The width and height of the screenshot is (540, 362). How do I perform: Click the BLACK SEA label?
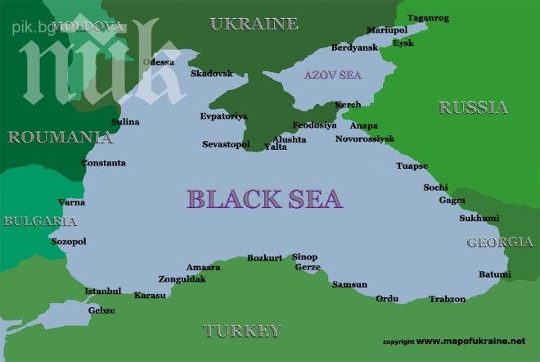pyautogui.click(x=264, y=199)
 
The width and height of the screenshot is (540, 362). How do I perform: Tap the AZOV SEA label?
pyautogui.click(x=332, y=75)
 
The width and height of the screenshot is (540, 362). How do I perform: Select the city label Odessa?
pyautogui.click(x=158, y=62)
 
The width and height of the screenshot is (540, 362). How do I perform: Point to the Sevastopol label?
pyautogui.click(x=225, y=144)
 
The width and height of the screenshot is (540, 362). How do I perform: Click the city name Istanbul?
pyautogui.click(x=103, y=291)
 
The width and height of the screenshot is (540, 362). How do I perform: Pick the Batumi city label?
pyautogui.click(x=494, y=274)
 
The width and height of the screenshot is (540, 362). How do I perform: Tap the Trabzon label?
pyautogui.click(x=448, y=299)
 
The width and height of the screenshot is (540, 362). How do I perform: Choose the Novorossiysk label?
pyautogui.click(x=365, y=139)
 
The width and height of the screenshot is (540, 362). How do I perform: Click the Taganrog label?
pyautogui.click(x=429, y=18)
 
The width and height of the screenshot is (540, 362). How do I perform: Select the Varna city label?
pyautogui.click(x=71, y=201)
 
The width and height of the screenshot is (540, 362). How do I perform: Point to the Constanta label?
pyautogui.click(x=104, y=163)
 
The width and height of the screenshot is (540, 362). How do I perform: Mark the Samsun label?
pyautogui.click(x=349, y=284)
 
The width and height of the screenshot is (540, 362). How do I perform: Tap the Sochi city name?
pyautogui.click(x=435, y=188)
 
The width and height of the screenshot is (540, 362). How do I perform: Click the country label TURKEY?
pyautogui.click(x=241, y=331)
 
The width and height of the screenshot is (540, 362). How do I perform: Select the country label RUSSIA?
pyautogui.click(x=473, y=107)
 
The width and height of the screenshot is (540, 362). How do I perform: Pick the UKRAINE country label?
pyautogui.click(x=254, y=24)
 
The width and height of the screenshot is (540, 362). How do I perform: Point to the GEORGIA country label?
pyautogui.click(x=499, y=242)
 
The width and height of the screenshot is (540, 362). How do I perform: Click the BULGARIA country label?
pyautogui.click(x=40, y=221)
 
